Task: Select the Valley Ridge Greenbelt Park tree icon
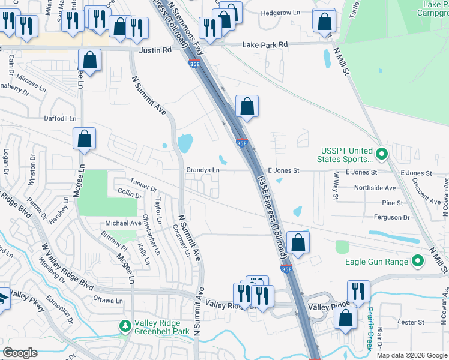point(125,326)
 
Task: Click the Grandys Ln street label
point(202,170)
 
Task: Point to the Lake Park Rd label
point(265,44)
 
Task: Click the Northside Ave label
point(375,188)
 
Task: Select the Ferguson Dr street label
point(391,217)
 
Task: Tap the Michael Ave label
point(123,223)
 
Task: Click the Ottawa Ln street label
point(108,299)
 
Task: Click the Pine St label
point(392,203)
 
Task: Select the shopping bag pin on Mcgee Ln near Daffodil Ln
point(85,138)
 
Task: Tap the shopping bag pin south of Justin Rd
point(89,59)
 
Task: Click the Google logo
point(20,353)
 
